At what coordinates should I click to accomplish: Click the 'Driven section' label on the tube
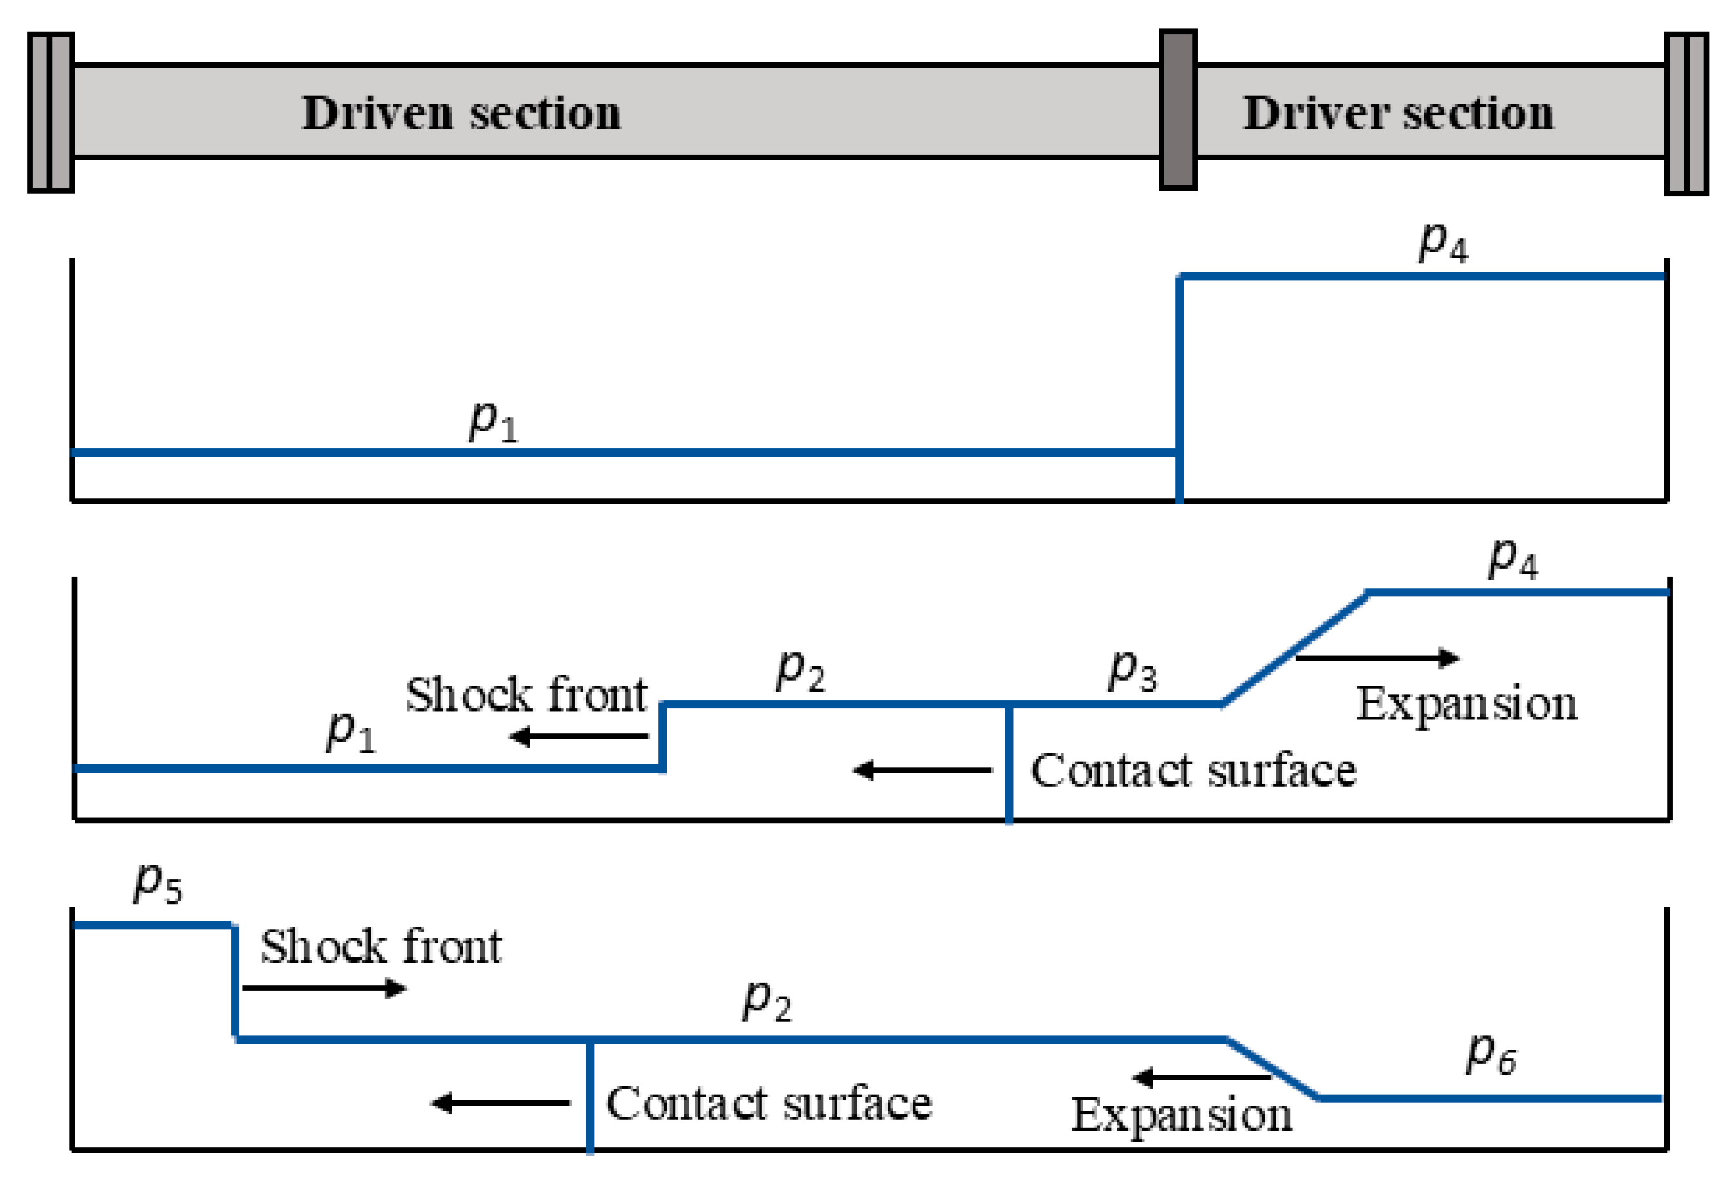[460, 113]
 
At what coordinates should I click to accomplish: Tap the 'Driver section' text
[1397, 113]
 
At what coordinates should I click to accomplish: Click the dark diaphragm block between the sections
[1177, 109]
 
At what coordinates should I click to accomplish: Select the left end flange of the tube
[51, 112]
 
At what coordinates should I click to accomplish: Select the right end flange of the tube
[1686, 113]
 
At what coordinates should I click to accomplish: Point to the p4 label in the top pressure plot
[1442, 243]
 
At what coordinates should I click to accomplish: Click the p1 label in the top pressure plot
[492, 422]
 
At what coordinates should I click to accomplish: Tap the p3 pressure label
[1132, 670]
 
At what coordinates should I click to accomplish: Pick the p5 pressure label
[156, 883]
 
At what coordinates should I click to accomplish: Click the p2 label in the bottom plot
[767, 1001]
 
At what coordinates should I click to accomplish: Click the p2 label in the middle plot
[799, 670]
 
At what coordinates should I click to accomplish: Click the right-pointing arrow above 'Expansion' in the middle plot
[1377, 657]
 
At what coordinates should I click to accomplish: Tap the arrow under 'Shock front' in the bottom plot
[324, 988]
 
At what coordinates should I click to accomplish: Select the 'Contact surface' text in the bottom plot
[769, 1103]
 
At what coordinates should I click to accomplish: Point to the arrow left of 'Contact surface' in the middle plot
[922, 769]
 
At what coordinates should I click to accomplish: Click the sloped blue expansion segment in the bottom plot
[1272, 1068]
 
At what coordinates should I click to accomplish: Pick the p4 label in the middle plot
[1513, 559]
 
